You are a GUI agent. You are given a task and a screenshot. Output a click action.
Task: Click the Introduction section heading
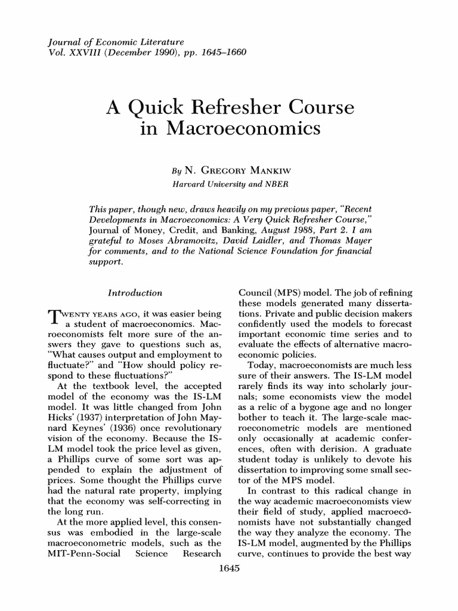point(135,293)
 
